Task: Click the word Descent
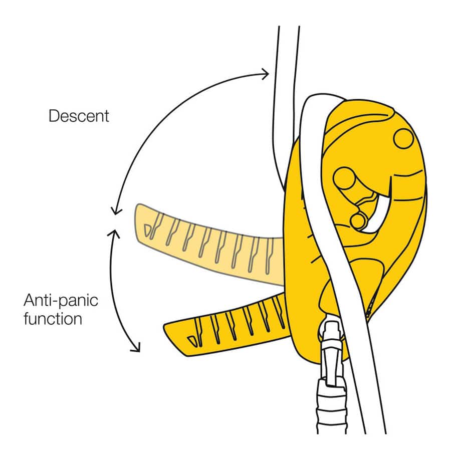79,116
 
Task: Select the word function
53,319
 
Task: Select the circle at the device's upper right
403,138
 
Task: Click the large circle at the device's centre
344,178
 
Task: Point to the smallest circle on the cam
358,220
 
